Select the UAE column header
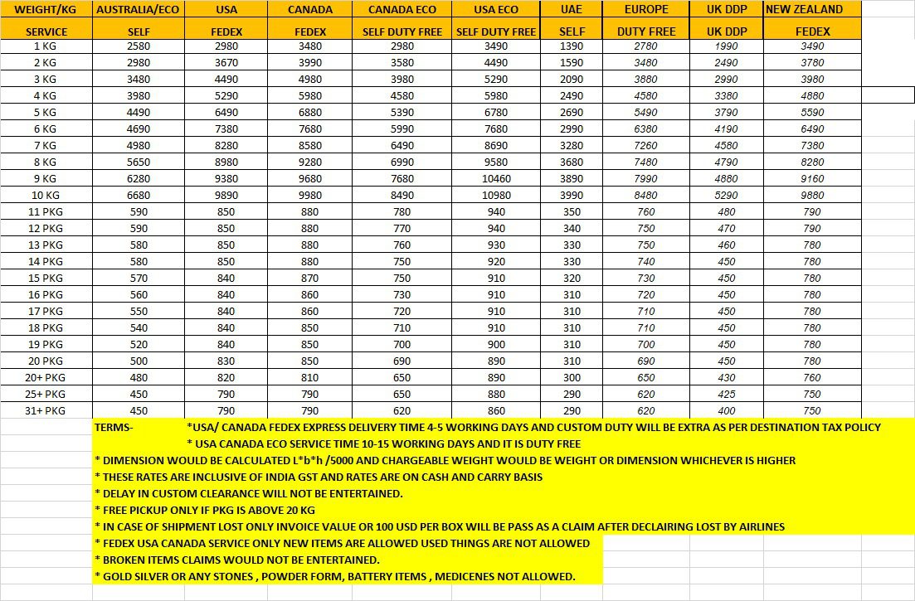(572, 10)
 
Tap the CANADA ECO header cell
(402, 10)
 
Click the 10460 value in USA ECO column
(496, 178)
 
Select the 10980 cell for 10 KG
(496, 195)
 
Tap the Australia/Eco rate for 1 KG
(139, 46)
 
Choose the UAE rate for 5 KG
(572, 112)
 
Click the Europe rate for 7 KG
(645, 145)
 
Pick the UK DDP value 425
(726, 394)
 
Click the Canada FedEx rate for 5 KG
(309, 112)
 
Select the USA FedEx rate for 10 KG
(226, 195)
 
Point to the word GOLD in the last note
(119, 576)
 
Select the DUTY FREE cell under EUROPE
(646, 32)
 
